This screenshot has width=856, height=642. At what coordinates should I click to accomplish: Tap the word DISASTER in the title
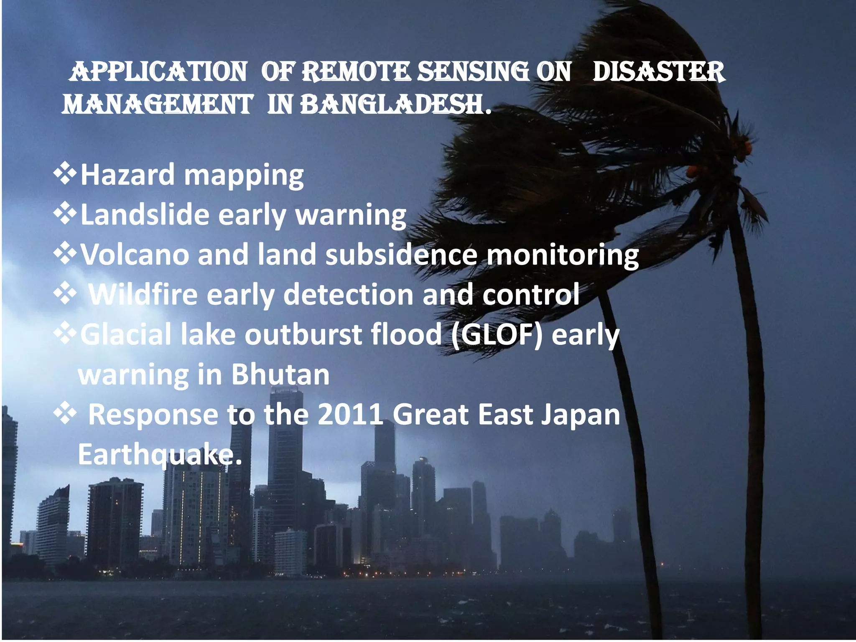point(658,72)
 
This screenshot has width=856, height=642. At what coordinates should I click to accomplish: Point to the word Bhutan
point(280,374)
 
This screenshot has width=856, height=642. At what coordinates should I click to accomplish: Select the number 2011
point(350,415)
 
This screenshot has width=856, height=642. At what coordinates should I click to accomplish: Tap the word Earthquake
point(160,455)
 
